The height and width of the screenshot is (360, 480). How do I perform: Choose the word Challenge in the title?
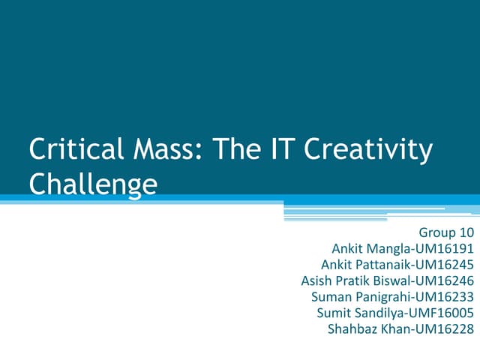coord(93,184)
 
